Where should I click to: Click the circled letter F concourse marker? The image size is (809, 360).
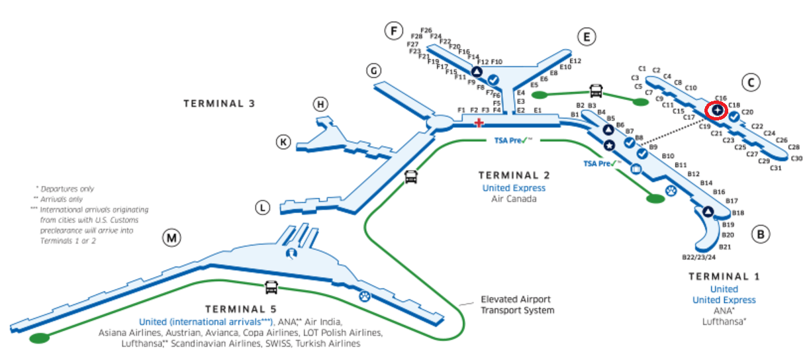[x=395, y=30]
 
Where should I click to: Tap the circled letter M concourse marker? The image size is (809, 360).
[x=173, y=239]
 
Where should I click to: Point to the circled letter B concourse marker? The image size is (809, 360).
[x=761, y=234]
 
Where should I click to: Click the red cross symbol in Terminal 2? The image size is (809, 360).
[x=479, y=122]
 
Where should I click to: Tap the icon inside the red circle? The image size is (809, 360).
[x=716, y=110]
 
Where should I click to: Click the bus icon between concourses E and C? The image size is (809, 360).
[x=596, y=90]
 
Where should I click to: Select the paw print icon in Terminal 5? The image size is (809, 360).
[x=364, y=296]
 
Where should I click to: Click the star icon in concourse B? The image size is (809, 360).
[x=609, y=145]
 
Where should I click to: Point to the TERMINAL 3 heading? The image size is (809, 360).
[x=219, y=103]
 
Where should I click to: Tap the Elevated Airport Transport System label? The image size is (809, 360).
[x=517, y=305]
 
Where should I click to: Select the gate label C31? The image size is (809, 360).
[x=776, y=168]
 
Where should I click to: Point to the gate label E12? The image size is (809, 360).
[x=575, y=60]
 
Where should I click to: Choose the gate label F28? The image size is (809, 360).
[x=416, y=36]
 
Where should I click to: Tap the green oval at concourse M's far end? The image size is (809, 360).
[x=40, y=338]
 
